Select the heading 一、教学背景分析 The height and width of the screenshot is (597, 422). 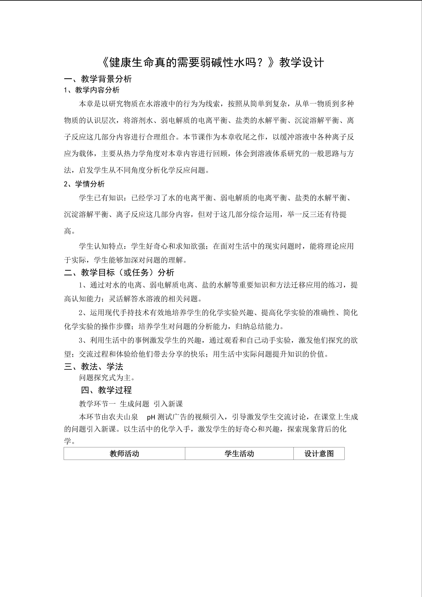point(98,79)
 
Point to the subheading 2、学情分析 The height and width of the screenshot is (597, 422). point(84,184)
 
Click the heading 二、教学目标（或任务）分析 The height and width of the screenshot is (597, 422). point(119,273)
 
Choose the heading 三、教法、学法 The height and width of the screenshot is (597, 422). point(94,367)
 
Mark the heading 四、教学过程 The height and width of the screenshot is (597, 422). point(106,390)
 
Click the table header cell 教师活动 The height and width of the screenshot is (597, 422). point(124,454)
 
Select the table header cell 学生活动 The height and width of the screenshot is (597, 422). point(239,454)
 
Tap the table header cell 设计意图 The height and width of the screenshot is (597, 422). point(319,454)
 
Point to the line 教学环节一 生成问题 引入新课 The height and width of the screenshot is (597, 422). point(131,404)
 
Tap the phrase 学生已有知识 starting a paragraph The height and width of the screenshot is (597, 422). point(101,198)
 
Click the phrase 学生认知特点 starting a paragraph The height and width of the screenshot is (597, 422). point(101,246)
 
